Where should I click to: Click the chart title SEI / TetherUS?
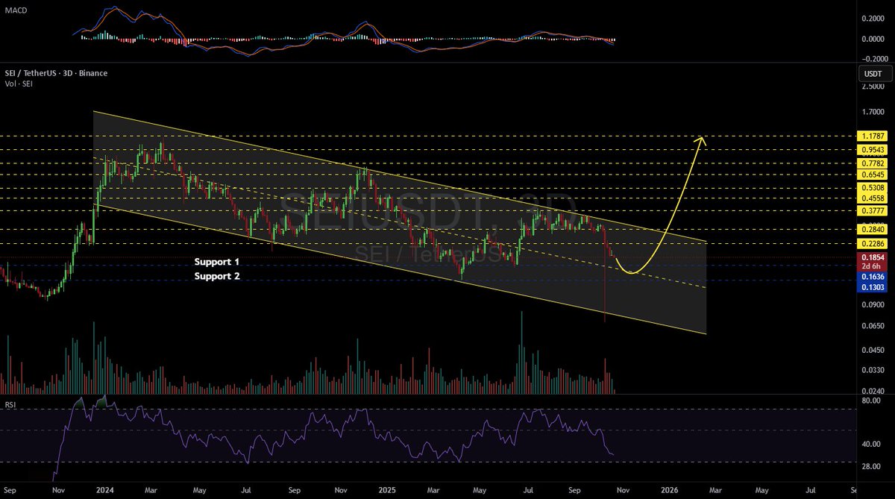[54, 73]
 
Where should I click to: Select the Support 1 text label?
[218, 263]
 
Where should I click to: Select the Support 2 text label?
[218, 276]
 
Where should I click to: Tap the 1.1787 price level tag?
[873, 137]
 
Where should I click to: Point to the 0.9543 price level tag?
[873, 149]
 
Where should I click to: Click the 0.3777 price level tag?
[873, 211]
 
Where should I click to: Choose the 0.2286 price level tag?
[873, 244]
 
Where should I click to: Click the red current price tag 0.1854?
[873, 257]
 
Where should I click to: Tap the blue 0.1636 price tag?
[873, 276]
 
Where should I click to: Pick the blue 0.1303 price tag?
[873, 288]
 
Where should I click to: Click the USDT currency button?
[873, 74]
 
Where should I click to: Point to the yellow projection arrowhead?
[700, 139]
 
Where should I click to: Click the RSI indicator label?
[10, 406]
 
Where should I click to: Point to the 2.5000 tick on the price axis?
[873, 87]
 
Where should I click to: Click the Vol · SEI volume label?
[22, 84]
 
